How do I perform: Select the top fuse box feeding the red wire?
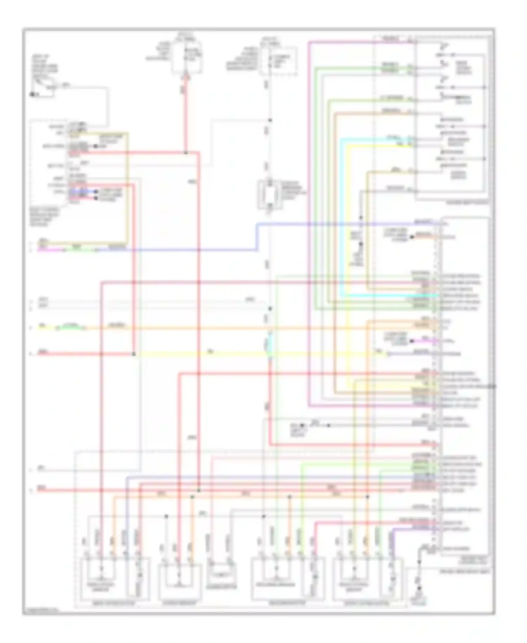point(187,57)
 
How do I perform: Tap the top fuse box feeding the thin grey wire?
point(278,60)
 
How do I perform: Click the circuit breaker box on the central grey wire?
point(270,195)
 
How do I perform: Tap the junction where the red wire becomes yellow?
point(134,354)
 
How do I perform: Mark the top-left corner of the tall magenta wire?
point(309,42)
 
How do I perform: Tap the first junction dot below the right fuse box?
point(270,120)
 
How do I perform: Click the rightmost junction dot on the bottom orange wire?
point(367,497)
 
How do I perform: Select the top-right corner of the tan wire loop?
point(127,134)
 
